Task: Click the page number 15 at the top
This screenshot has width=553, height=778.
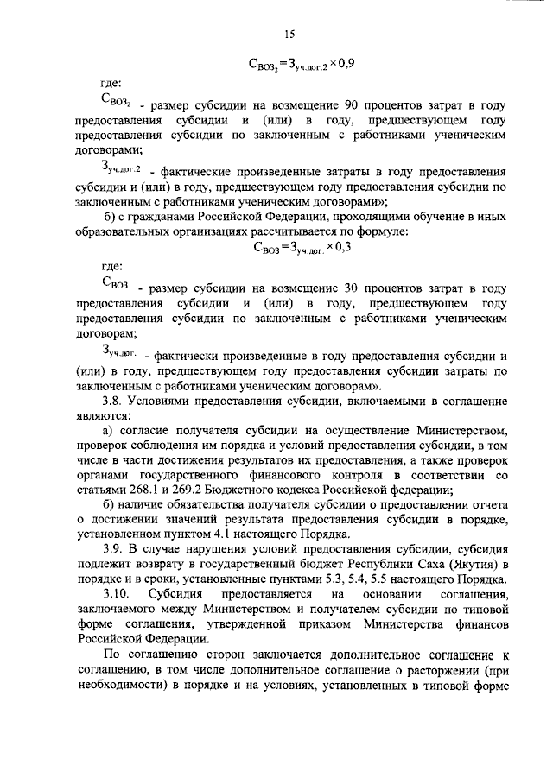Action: point(289,35)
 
